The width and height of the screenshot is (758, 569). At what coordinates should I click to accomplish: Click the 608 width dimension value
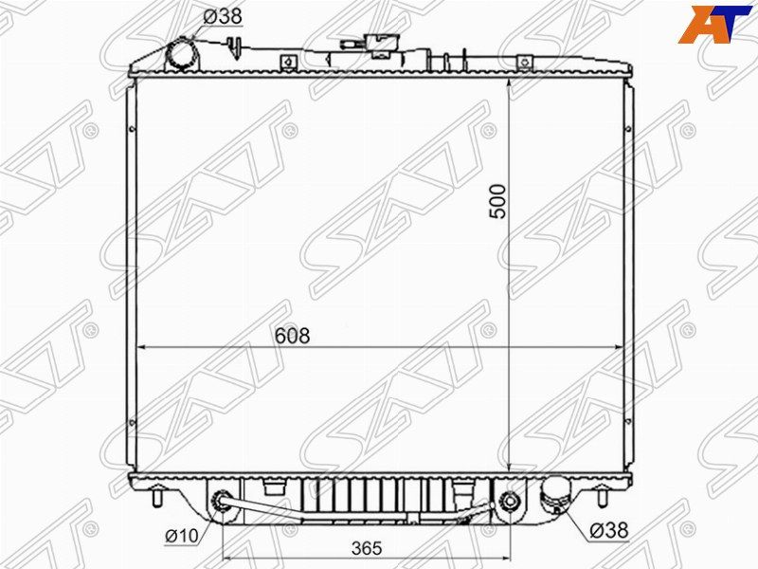pos(292,336)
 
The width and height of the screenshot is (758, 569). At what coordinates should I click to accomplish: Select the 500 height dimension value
pos(497,201)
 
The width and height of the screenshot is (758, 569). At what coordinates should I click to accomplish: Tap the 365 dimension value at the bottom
pos(367,548)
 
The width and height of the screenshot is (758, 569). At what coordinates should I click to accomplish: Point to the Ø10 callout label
pos(182,535)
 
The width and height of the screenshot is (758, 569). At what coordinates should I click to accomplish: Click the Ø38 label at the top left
pos(223,16)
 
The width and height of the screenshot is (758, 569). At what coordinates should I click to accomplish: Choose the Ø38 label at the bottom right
pos(609,531)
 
